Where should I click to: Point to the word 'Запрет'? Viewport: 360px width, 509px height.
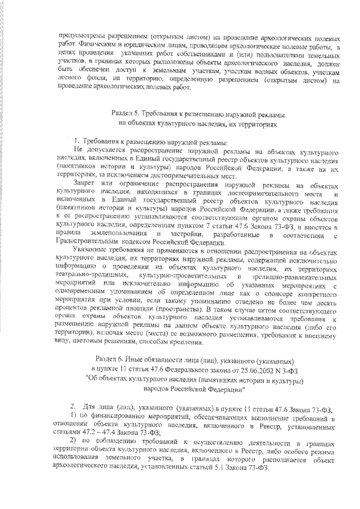(x=84, y=185)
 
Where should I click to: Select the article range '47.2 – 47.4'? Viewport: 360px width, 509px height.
(x=100, y=433)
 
